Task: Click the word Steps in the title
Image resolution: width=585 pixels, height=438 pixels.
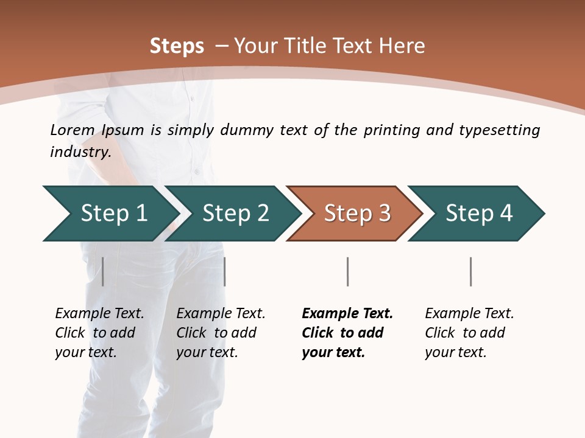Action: coord(177,46)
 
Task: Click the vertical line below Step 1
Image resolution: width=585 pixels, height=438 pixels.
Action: coord(103,271)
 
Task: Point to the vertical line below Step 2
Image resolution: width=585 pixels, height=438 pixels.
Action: coord(225,271)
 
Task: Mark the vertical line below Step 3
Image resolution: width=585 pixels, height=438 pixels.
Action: coord(347,271)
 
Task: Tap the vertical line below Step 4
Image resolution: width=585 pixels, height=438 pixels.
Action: coord(470,271)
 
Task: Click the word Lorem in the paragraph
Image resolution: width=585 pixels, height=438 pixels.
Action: coord(73,130)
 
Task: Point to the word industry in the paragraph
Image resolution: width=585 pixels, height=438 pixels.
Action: coord(80,152)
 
